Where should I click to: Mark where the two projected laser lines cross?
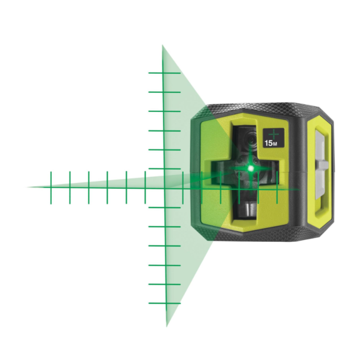click(x=164, y=188)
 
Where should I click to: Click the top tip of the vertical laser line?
click(x=162, y=46)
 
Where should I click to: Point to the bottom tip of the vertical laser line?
click(x=167, y=326)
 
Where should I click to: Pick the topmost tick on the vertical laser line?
click(x=164, y=73)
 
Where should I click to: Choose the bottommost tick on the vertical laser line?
click(x=165, y=303)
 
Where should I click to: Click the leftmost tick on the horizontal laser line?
click(x=51, y=188)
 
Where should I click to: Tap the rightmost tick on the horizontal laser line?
click(x=277, y=188)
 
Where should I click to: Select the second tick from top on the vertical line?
click(x=164, y=92)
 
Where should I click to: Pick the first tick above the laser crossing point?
click(x=164, y=169)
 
